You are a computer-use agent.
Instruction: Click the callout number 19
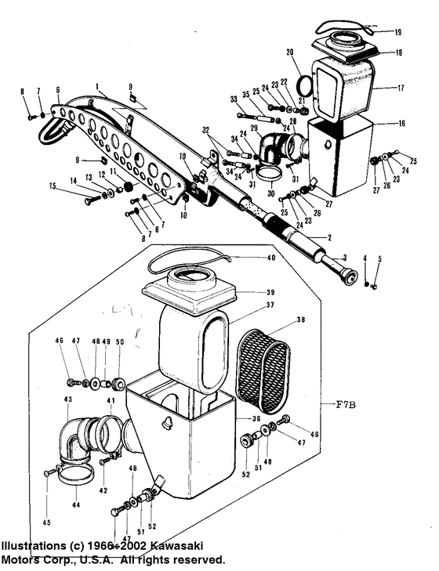(x=397, y=33)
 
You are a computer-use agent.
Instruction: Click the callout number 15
(x=53, y=186)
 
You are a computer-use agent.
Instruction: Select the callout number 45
(x=46, y=522)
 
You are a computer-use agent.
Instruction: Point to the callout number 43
(x=68, y=400)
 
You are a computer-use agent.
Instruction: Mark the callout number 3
(x=343, y=258)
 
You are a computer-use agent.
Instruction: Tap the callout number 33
(x=234, y=99)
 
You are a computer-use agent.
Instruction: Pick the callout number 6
(x=57, y=91)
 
